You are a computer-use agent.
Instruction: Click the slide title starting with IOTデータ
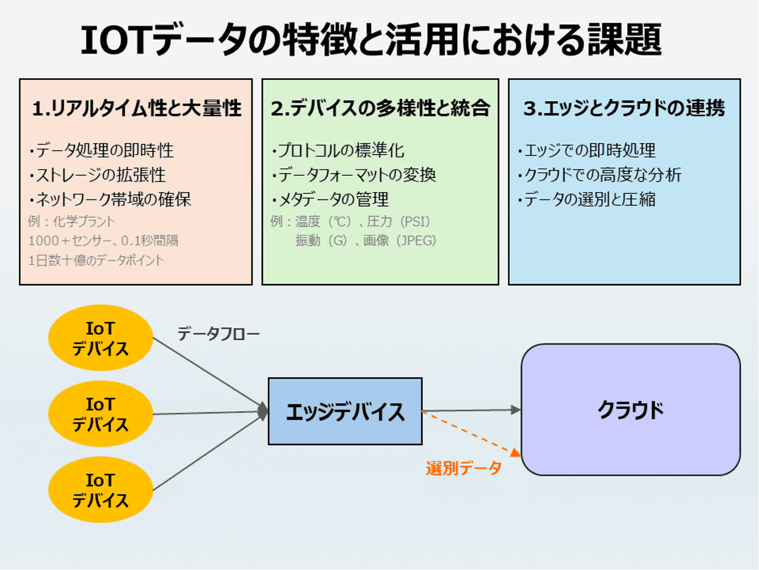371,40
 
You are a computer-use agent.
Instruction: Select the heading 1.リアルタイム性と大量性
136,108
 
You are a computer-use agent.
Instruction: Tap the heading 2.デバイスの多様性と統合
380,108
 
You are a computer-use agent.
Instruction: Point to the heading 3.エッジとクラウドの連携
624,108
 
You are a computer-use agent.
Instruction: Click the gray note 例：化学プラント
72,221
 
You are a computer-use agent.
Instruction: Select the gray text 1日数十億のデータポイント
96,260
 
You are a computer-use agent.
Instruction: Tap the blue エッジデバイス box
345,411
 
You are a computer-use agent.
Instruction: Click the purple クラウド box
630,410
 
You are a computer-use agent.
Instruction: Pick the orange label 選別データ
463,468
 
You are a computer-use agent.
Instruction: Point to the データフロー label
218,334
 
